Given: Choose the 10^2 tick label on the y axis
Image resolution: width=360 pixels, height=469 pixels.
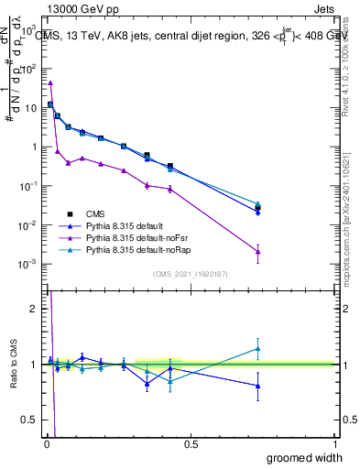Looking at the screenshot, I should click(30, 69).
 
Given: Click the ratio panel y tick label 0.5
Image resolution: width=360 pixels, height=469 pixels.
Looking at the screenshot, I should click(30, 420).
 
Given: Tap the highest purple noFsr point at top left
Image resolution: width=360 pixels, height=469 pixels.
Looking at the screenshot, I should click(49, 82).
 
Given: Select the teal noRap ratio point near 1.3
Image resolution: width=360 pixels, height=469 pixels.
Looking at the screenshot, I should click(258, 348).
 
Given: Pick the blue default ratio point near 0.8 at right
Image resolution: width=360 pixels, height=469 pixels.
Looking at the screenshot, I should click(258, 386).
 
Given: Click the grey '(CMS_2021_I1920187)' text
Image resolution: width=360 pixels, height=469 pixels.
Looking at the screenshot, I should click(191, 274).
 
